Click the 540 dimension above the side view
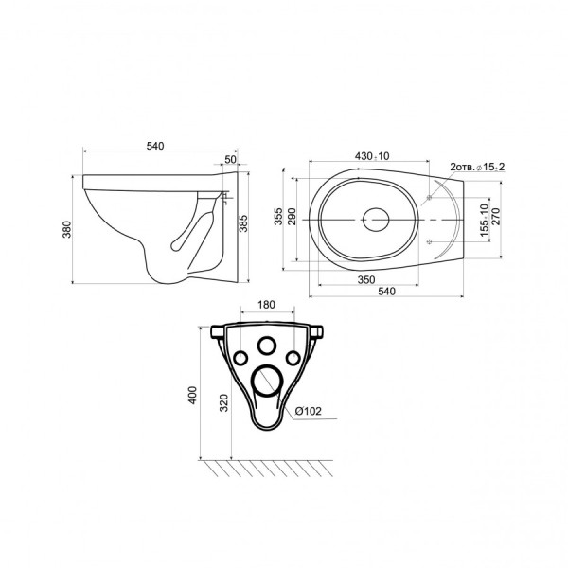(155, 146)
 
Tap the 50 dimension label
(230, 159)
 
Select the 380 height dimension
(67, 229)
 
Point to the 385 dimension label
(243, 223)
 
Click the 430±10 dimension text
(372, 156)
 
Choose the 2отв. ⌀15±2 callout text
(477, 167)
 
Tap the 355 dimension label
(278, 216)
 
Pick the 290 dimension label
(292, 216)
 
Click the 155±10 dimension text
(485, 220)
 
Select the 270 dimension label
(495, 216)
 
